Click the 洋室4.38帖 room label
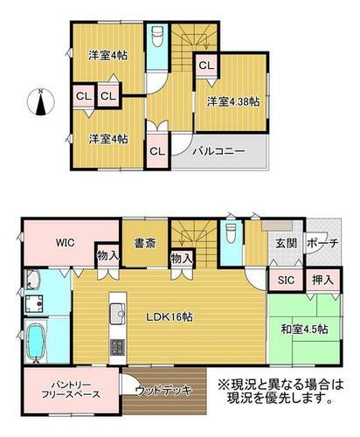tap(233, 102)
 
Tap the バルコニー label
tap(219, 150)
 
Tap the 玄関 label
tap(285, 243)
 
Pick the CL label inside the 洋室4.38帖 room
tap(205, 65)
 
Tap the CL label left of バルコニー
tap(158, 150)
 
